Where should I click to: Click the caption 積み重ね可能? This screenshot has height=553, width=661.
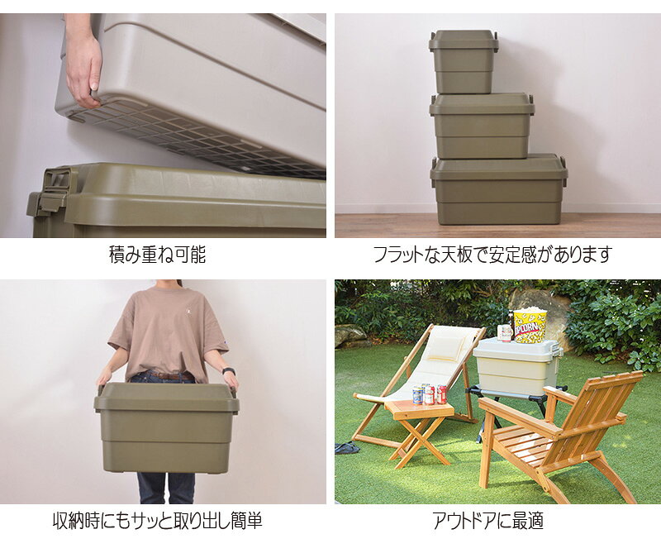coord(157,254)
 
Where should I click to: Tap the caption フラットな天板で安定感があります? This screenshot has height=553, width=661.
coord(492,254)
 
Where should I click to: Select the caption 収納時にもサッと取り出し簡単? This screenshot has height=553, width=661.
coord(157,521)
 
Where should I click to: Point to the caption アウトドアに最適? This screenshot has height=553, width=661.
coord(487,521)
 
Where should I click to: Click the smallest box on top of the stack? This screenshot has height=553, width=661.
coord(464,62)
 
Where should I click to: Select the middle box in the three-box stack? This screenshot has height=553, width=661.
coord(482,126)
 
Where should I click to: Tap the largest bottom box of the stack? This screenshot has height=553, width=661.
coord(499,189)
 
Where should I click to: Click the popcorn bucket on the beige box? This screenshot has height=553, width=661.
coord(530,325)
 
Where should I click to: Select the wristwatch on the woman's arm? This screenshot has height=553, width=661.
coord(229,371)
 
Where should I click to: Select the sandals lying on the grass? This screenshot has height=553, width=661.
coord(348,447)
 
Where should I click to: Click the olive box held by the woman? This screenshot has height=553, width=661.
coord(167,427)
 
